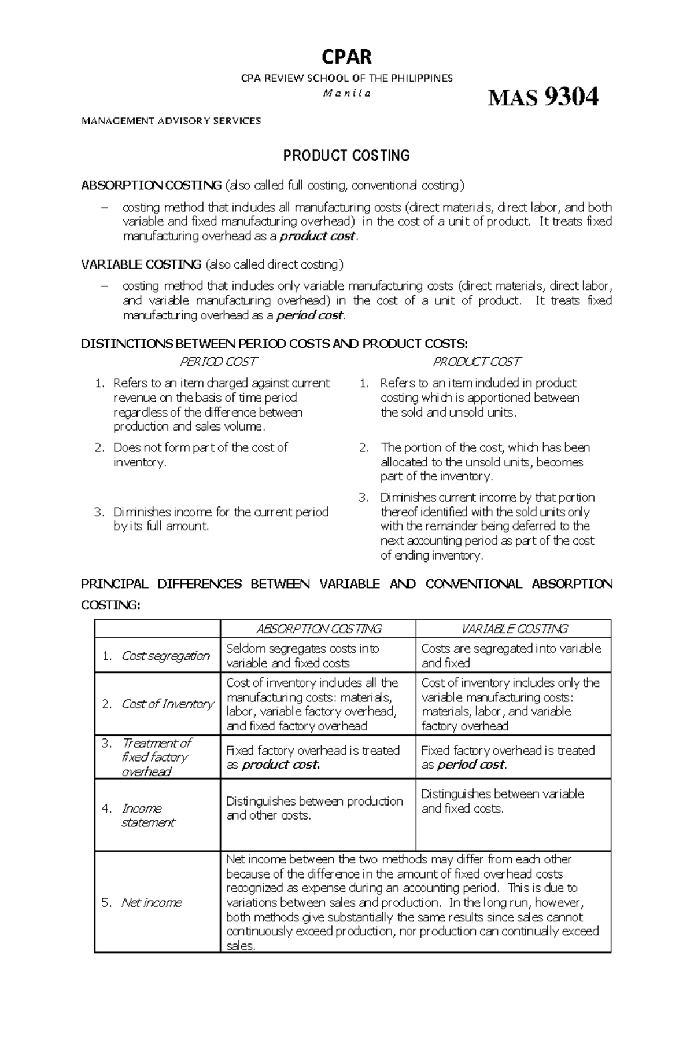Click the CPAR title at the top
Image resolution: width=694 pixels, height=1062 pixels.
click(x=346, y=57)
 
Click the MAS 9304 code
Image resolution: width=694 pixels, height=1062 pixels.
click(x=542, y=97)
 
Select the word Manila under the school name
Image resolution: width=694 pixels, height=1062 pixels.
click(x=346, y=93)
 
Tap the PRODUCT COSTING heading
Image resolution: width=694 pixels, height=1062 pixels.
click(x=346, y=155)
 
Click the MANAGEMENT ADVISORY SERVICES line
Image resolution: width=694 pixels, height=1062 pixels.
click(x=171, y=121)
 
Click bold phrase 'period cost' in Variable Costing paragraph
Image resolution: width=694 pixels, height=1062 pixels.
click(x=309, y=315)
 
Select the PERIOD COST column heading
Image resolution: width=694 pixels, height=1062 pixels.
click(x=218, y=362)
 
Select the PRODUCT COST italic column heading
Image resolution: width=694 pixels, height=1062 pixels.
click(x=477, y=362)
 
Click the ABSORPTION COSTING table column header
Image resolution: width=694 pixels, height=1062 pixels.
click(x=318, y=629)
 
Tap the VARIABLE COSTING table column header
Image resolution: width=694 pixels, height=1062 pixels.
click(x=514, y=629)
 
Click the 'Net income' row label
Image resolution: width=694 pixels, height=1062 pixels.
click(x=151, y=902)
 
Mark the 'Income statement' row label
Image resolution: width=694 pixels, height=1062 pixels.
click(x=147, y=815)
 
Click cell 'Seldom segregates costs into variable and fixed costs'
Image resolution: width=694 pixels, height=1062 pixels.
click(x=302, y=656)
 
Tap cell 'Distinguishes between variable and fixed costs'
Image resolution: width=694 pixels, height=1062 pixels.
click(x=502, y=801)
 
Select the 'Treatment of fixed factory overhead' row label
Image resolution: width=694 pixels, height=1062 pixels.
click(x=155, y=757)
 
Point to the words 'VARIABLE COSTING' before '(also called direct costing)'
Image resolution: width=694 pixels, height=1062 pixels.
click(x=141, y=264)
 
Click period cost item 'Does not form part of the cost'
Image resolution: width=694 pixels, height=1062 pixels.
click(x=200, y=454)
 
